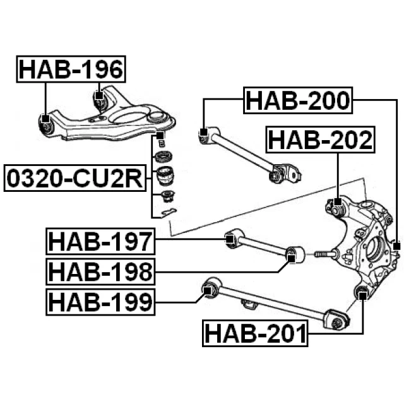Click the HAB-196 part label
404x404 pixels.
71,69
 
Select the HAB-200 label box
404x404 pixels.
297,100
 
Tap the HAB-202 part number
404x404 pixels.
319,140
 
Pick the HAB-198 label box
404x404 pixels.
100,271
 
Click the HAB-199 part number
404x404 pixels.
100,302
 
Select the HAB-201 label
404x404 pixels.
255,333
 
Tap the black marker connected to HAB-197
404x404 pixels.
231,239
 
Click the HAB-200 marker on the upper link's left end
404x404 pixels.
203,133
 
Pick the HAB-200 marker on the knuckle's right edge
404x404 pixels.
396,246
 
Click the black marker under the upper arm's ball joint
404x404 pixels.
160,136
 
